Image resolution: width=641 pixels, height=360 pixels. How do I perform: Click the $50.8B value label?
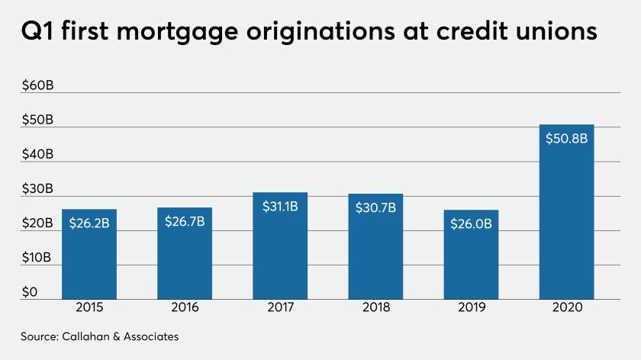566,140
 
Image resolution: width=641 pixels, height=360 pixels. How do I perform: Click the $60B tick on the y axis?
37,85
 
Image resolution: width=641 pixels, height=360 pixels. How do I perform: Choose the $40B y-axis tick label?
37,154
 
